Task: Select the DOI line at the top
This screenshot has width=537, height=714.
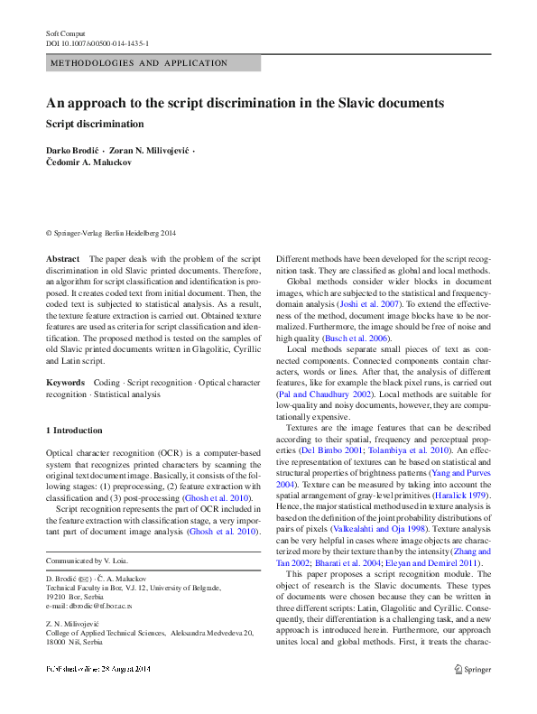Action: (98, 42)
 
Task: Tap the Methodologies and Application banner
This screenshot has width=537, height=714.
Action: (140, 63)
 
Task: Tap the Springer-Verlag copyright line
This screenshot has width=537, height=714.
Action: (111, 232)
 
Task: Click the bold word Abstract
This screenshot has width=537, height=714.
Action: (62, 259)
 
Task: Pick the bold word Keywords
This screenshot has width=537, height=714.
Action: (67, 384)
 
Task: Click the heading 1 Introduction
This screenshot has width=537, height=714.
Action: (74, 431)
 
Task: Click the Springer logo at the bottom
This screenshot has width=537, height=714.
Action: (472, 694)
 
